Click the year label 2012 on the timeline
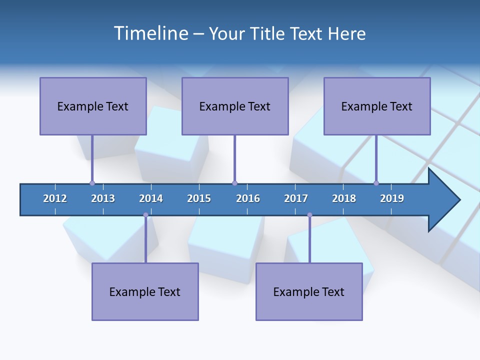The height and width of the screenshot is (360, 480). (x=55, y=198)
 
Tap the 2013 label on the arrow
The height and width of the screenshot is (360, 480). (x=103, y=198)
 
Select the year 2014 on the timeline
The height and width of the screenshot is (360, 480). (x=151, y=198)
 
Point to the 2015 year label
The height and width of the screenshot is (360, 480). (x=199, y=198)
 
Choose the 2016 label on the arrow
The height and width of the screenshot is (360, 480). (x=248, y=198)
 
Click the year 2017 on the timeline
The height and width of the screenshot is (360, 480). (x=296, y=198)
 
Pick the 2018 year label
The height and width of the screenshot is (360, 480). (x=344, y=198)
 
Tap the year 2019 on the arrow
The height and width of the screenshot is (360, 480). (x=392, y=198)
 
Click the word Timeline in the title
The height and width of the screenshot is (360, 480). (x=150, y=33)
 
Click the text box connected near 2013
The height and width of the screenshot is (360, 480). (x=93, y=106)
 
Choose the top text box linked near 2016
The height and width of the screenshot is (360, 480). (x=235, y=106)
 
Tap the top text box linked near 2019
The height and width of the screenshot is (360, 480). (x=377, y=106)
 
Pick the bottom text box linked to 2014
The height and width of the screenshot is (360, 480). (x=145, y=291)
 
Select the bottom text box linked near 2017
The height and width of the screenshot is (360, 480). (x=309, y=291)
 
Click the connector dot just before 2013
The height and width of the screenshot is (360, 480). (x=92, y=183)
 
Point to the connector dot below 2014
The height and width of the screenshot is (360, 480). (x=145, y=215)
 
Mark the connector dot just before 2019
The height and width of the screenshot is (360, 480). (x=376, y=183)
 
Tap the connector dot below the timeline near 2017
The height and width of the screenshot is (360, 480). (x=309, y=215)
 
